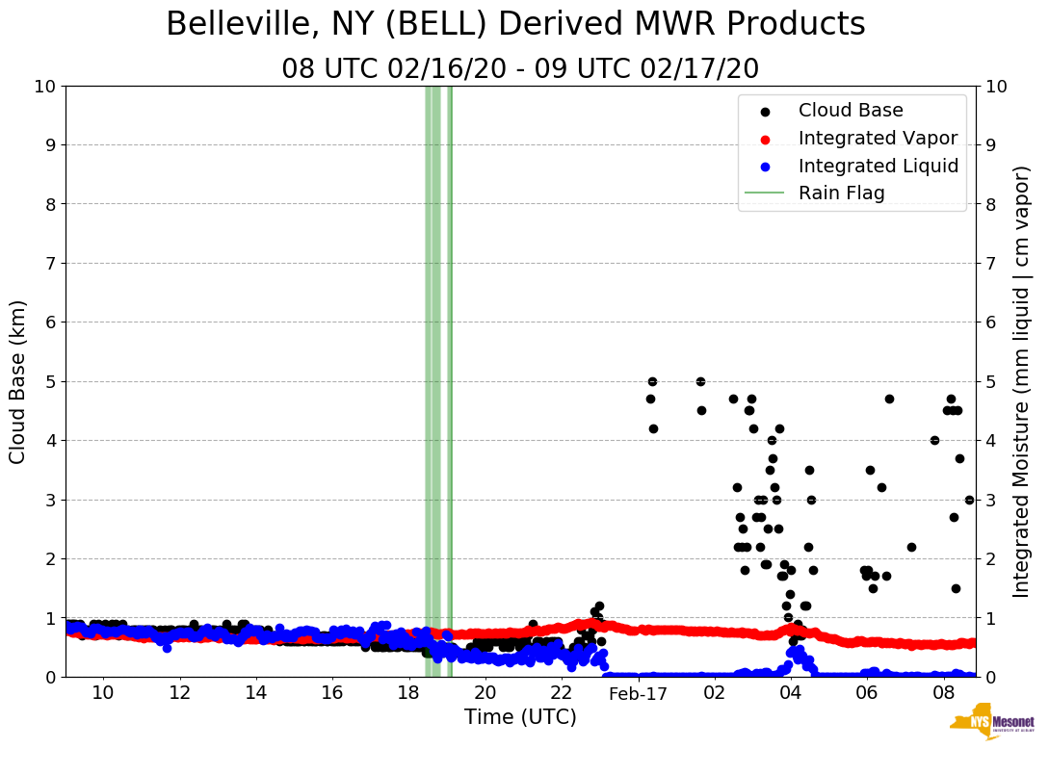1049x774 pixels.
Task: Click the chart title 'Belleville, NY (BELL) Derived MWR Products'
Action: [515, 24]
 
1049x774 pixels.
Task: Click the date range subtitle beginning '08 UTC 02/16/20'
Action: [520, 69]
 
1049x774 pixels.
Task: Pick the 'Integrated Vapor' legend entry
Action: [878, 138]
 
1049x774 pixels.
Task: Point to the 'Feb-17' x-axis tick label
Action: [638, 694]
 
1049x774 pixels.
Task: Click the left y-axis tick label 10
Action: [43, 87]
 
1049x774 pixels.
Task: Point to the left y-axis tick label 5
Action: [49, 381]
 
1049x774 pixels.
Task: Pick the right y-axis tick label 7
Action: [991, 263]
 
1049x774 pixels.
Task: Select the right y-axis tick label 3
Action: [991, 500]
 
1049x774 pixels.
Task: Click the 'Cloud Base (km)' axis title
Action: [18, 381]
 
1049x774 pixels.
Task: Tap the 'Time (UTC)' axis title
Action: [520, 718]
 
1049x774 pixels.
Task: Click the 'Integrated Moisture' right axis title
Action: [1023, 381]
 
